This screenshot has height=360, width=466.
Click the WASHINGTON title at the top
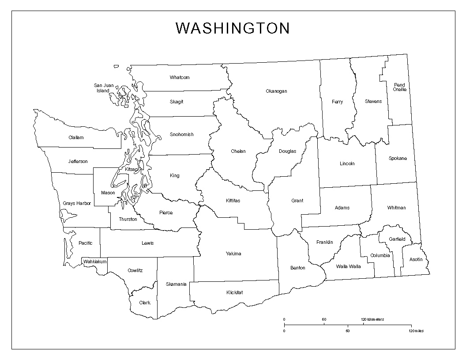[x=233, y=28]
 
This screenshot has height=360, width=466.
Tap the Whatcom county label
[x=180, y=78]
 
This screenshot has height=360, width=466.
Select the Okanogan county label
[x=276, y=91]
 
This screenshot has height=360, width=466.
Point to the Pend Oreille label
[x=399, y=87]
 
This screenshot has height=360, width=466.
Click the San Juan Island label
[x=103, y=88]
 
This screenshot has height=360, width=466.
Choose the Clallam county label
[x=76, y=137]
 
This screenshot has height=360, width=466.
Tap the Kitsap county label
[x=132, y=169]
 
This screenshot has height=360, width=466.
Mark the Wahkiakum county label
[x=95, y=261]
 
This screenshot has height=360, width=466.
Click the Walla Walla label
[x=348, y=266]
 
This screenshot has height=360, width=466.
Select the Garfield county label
[x=397, y=239]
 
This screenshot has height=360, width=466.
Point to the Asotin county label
[x=416, y=259]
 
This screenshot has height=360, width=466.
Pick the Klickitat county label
[x=234, y=292]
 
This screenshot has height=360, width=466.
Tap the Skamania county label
[x=176, y=284]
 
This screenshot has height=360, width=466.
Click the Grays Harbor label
[x=77, y=204]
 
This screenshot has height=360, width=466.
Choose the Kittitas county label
[x=233, y=201]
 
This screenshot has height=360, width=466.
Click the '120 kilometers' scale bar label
[x=372, y=319]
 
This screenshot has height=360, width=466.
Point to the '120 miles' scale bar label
[x=416, y=331]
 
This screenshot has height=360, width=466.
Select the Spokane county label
[x=398, y=159]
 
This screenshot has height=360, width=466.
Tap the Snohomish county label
[x=181, y=135]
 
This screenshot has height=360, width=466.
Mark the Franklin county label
[x=325, y=242]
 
